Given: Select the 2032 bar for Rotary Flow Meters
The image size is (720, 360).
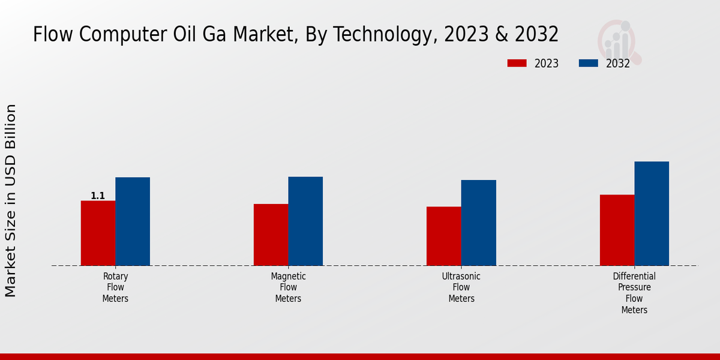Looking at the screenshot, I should coord(133,221).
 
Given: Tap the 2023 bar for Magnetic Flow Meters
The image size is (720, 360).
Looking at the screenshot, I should coord(271,235).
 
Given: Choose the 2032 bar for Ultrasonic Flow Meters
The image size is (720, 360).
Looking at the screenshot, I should coord(479,223).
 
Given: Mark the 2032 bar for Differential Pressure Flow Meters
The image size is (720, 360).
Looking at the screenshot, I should coord(652,214).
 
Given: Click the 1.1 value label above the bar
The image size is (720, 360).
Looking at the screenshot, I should coord(98,196).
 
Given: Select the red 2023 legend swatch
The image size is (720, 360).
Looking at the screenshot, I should coord(517,63).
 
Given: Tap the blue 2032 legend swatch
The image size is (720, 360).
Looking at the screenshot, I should coord(589,63).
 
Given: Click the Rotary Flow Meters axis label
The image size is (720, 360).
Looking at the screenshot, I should coord(115,287).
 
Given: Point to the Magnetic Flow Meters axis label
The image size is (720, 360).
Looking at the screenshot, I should coord(288,287).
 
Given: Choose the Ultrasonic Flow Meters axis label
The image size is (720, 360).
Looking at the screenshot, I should coord(461,287).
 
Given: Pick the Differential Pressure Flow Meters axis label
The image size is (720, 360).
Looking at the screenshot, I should coord(634,293).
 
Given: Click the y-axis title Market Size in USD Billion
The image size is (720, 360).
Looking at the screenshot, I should coord(11,200).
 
